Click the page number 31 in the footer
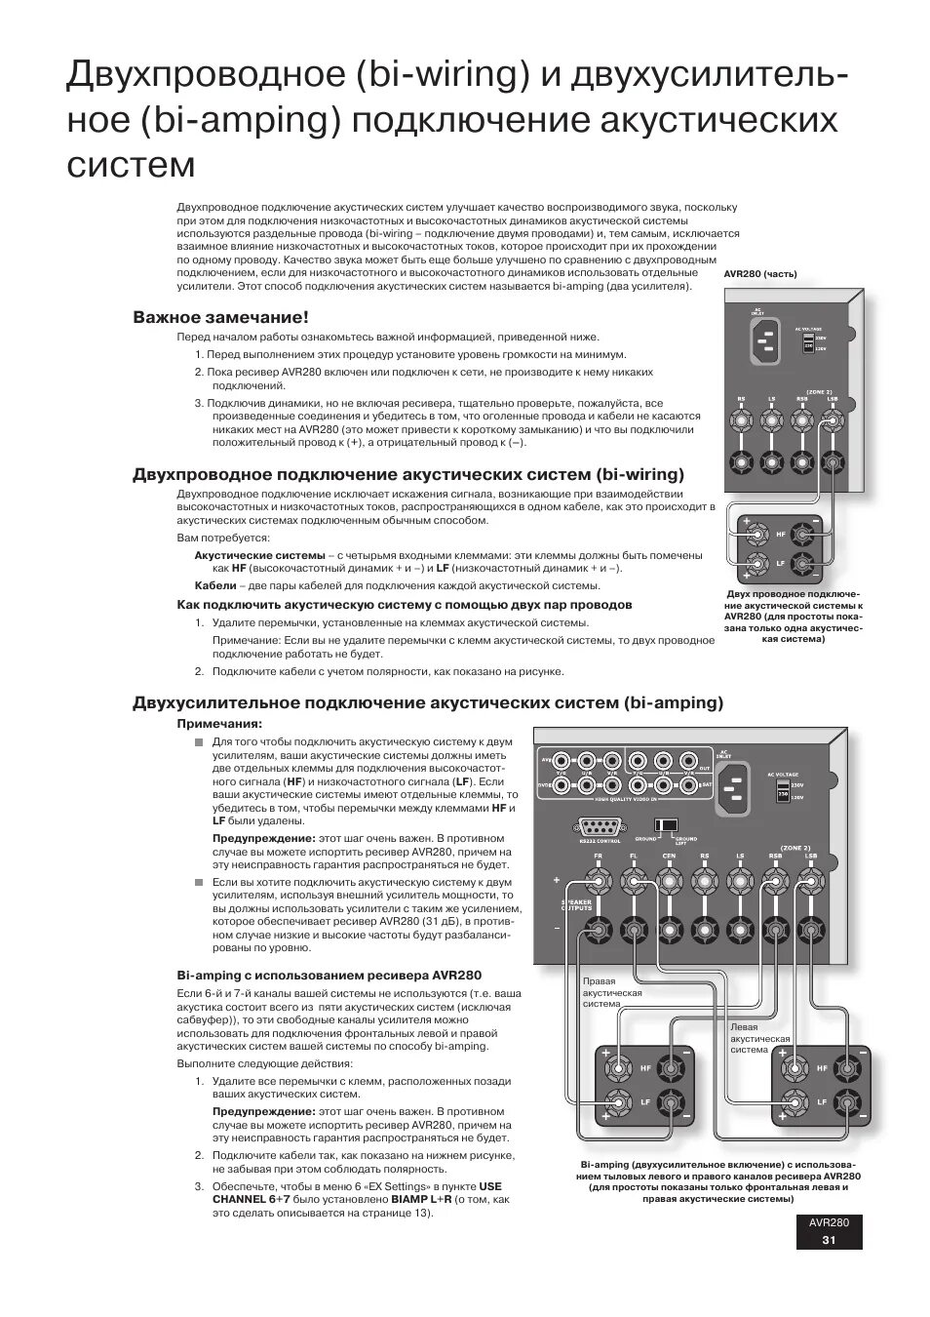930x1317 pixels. coord(829,1240)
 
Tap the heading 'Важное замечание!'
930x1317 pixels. coord(220,317)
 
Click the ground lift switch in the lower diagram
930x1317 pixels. coord(668,825)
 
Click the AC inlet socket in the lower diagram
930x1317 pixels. coord(736,785)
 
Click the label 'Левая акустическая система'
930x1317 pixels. coord(759,1038)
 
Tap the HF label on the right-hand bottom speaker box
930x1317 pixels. coord(821,1069)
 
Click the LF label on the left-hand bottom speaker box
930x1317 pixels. coord(645,1102)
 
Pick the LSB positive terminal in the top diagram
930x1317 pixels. coord(832,420)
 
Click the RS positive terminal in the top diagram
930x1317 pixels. coord(742,420)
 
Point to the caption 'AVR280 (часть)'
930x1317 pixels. coord(760,274)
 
